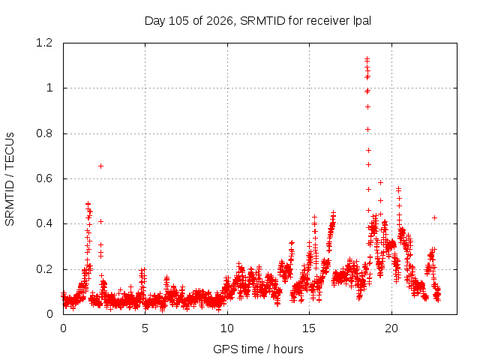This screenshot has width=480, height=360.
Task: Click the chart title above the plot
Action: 258,21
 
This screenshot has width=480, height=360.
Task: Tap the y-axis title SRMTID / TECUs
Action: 10,179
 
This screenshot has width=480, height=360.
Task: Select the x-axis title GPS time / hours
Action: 258,349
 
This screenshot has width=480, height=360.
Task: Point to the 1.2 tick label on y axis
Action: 44,43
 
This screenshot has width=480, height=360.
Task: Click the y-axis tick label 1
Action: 49,88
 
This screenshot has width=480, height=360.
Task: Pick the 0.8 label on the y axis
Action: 44,133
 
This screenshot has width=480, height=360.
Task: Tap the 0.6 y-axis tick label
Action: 44,178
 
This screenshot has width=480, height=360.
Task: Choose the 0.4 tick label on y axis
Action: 44,223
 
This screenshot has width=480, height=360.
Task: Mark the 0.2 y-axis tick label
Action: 44,269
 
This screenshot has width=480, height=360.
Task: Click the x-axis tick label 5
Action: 145,328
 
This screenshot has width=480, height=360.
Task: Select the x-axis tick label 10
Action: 227,328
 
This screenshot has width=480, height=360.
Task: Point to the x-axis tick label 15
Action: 309,328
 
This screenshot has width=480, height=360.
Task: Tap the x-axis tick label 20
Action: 391,328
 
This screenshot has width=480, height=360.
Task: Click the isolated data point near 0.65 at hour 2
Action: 100,166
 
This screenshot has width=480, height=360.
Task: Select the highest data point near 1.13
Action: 367,59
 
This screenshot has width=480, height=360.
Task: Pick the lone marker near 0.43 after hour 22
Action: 434,218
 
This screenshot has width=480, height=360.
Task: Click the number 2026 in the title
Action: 220,21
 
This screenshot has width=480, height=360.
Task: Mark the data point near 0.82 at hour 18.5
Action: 367,130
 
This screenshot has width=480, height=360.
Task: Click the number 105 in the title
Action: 178,21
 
